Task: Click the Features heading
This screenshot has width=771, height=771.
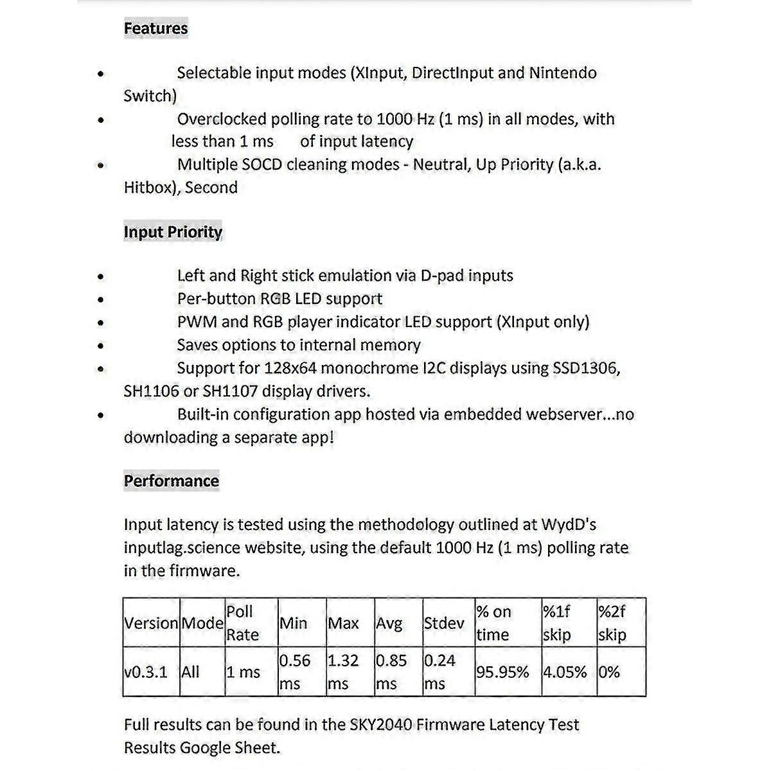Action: point(155,28)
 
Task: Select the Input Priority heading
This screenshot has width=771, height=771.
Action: point(173,232)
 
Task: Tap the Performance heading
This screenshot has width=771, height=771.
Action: point(171,481)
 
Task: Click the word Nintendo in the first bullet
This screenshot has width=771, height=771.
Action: point(563,73)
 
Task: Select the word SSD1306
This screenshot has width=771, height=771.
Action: point(586,368)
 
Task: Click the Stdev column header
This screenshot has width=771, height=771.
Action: point(444,623)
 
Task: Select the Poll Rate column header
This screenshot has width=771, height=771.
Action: point(242,623)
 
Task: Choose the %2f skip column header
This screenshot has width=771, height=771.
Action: point(612,623)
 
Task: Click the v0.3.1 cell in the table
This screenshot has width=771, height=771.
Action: point(146,672)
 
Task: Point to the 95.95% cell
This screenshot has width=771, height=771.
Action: point(502,672)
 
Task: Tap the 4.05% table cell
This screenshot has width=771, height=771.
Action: point(565,672)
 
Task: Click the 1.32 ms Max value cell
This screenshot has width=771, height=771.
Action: point(343,672)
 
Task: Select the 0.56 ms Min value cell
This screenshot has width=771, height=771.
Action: point(295,672)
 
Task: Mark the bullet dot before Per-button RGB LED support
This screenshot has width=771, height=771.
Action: point(101,299)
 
